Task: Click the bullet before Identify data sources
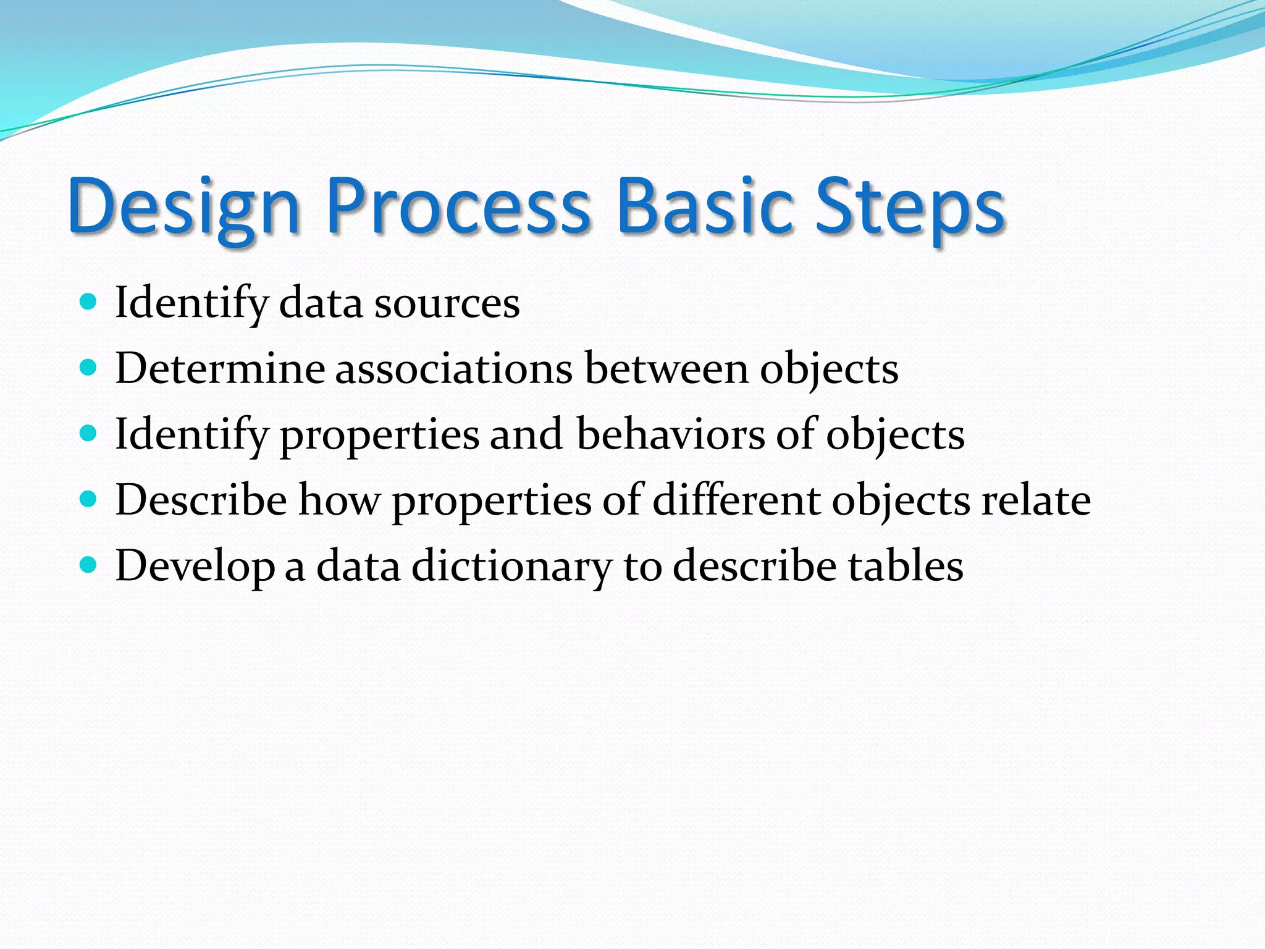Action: pos(89,302)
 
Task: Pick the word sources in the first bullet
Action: pos(447,304)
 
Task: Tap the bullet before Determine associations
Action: pos(89,368)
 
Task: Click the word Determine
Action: pos(220,369)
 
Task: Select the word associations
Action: pos(454,369)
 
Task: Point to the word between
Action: pos(666,369)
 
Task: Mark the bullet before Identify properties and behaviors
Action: pos(89,434)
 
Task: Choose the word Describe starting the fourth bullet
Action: pos(201,500)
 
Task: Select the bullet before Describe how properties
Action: pos(89,499)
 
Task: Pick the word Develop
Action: pos(195,567)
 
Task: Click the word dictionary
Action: pos(511,567)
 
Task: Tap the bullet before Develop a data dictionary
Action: pos(89,565)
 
